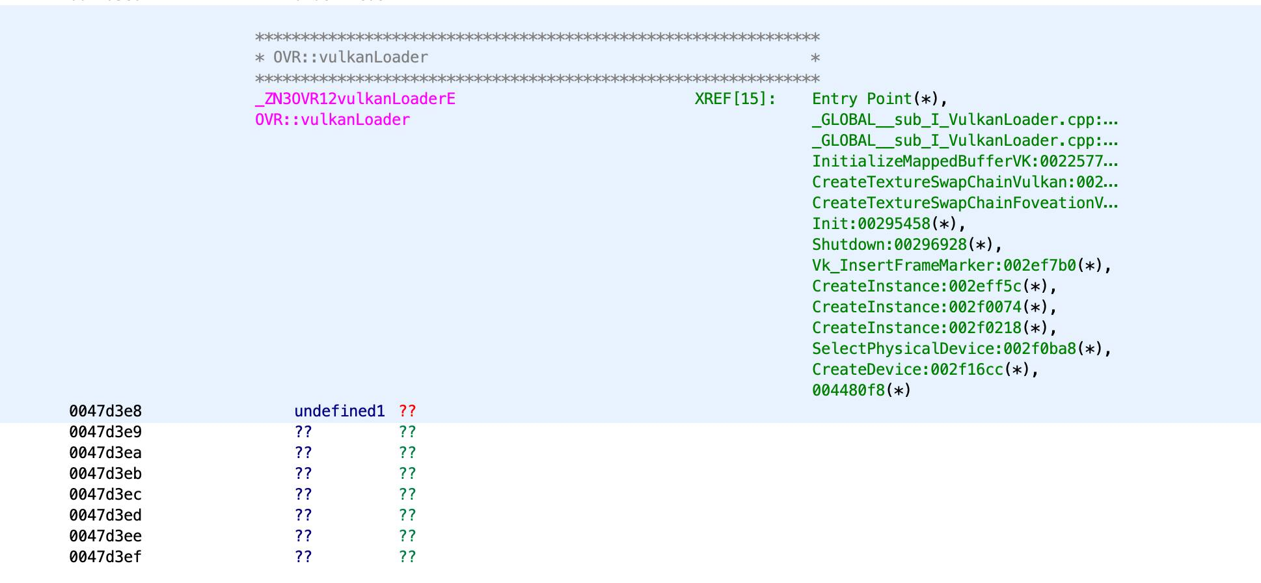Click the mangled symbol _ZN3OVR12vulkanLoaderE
[x=355, y=99]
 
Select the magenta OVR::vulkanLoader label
[x=332, y=120]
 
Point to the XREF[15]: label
[x=735, y=99]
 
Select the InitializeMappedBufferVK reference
[x=965, y=161]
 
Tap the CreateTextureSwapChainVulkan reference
[x=965, y=182]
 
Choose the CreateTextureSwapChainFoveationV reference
[x=965, y=203]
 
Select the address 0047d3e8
[x=105, y=411]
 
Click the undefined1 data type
[x=340, y=411]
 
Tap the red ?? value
[x=407, y=411]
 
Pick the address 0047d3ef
[x=105, y=557]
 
